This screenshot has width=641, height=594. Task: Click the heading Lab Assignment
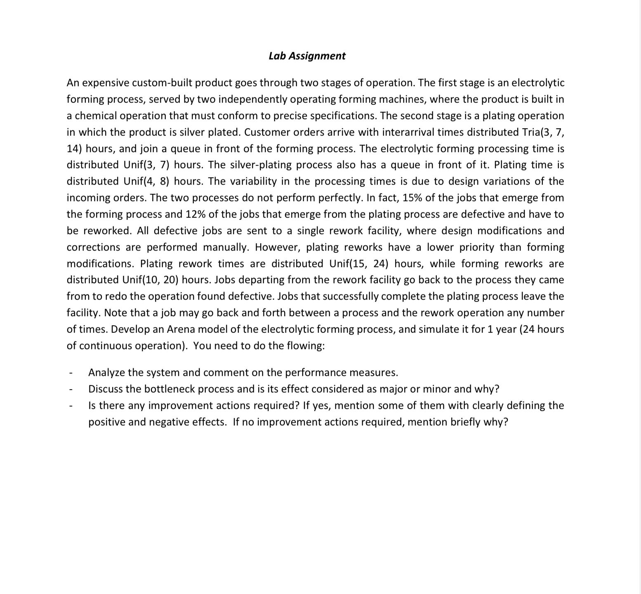307,56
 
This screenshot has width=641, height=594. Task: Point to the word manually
229,247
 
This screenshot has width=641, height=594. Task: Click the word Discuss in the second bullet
106,389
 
